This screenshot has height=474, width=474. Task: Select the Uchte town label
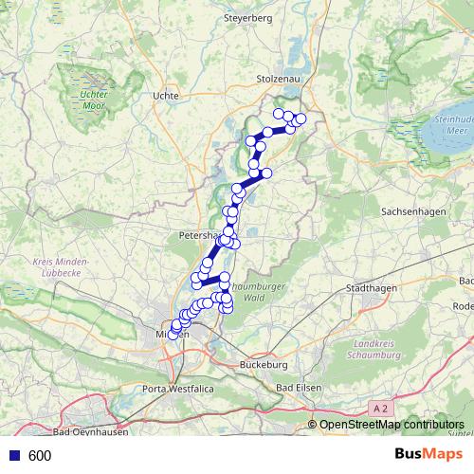click(x=166, y=96)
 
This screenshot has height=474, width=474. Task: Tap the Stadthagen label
click(x=371, y=287)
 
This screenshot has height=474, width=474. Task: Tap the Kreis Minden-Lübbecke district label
click(x=61, y=266)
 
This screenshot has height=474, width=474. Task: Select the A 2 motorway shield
click(x=380, y=408)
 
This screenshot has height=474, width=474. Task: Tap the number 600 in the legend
click(x=40, y=456)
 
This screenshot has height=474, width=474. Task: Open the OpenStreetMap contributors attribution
click(x=391, y=426)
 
